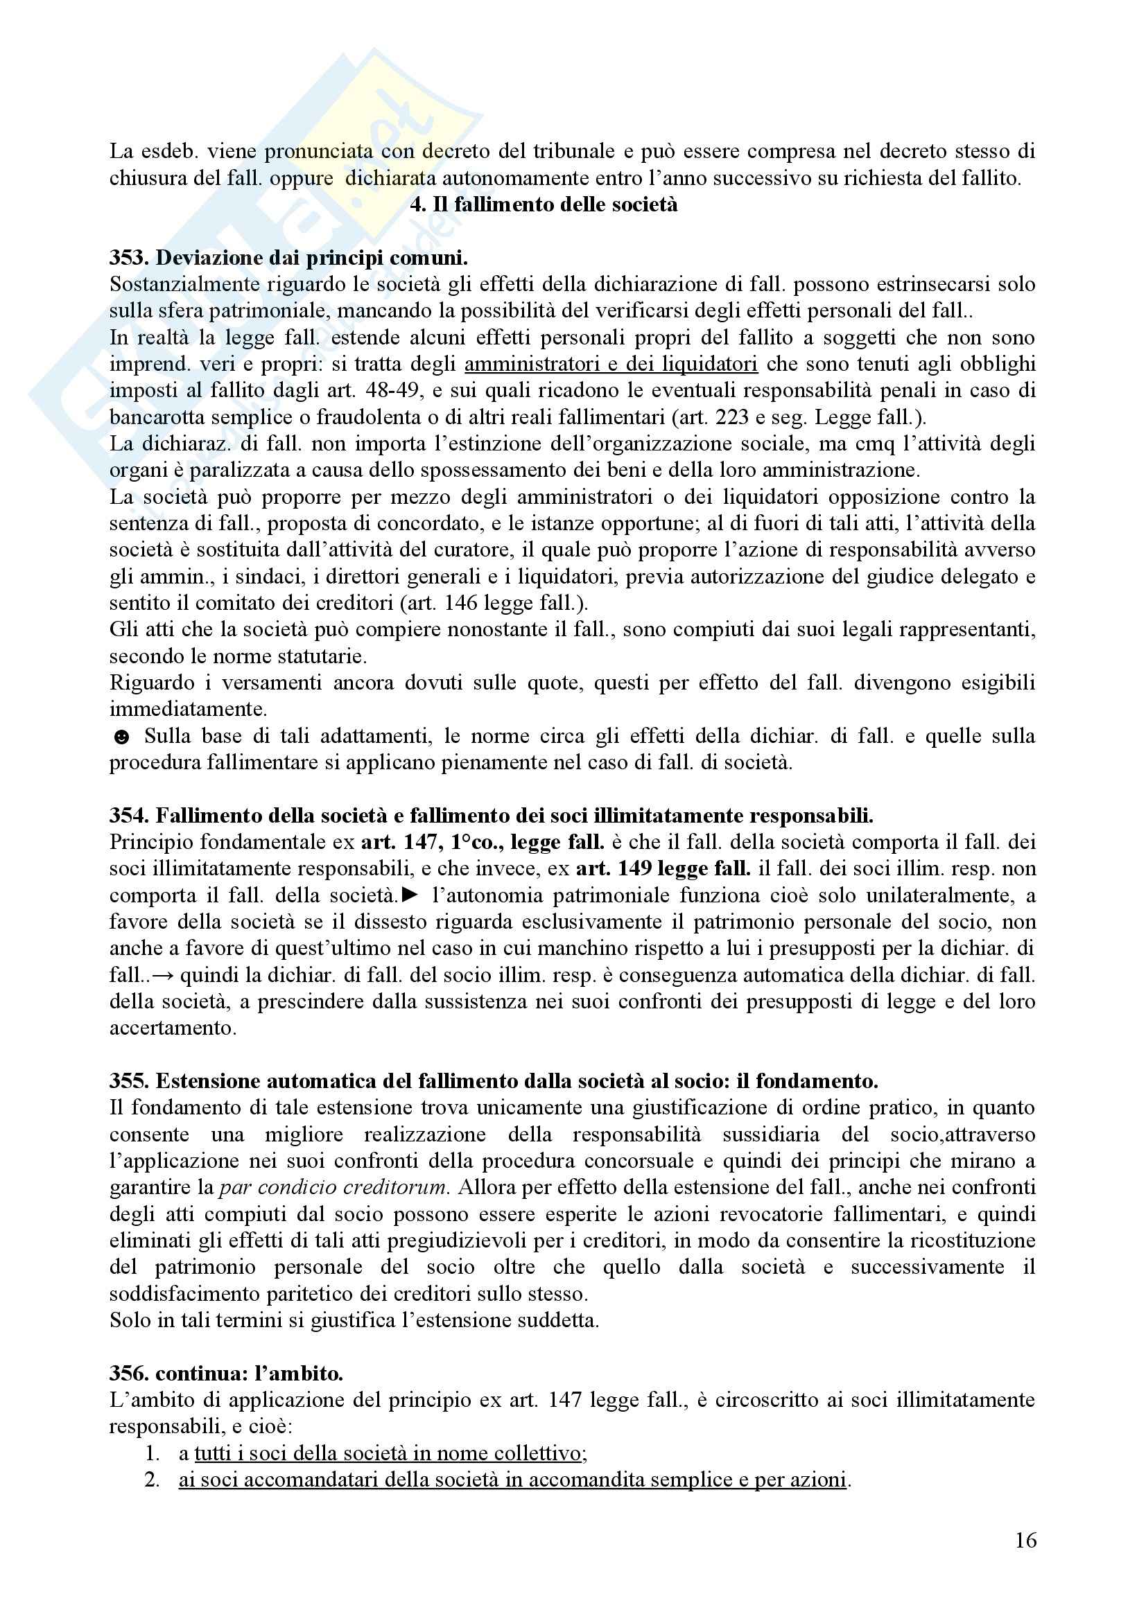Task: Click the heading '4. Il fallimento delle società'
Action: point(543,204)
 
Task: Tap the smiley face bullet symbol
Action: point(121,738)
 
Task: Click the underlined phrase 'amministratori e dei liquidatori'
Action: point(611,365)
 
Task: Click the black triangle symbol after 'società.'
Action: point(410,895)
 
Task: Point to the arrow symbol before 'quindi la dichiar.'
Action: point(164,976)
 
